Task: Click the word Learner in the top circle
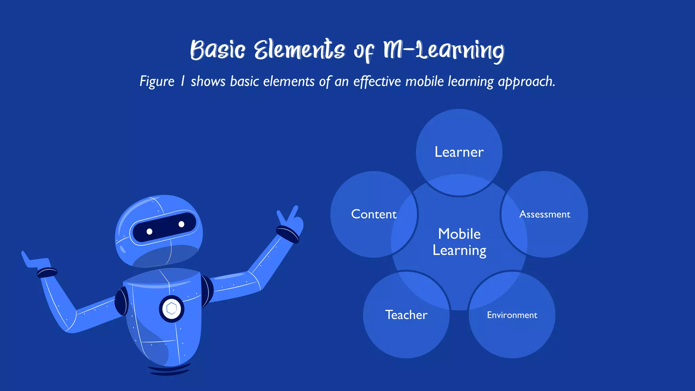(x=459, y=152)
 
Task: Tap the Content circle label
(x=374, y=214)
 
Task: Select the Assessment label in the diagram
(x=545, y=214)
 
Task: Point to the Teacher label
(x=406, y=315)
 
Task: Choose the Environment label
(x=512, y=315)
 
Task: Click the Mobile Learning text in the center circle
(x=459, y=242)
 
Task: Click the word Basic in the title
(x=217, y=50)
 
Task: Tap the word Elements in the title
(x=299, y=50)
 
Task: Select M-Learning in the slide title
(x=443, y=50)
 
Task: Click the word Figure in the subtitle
(x=157, y=82)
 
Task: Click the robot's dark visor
(x=164, y=228)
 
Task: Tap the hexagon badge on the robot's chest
(x=172, y=309)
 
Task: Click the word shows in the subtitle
(x=208, y=81)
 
